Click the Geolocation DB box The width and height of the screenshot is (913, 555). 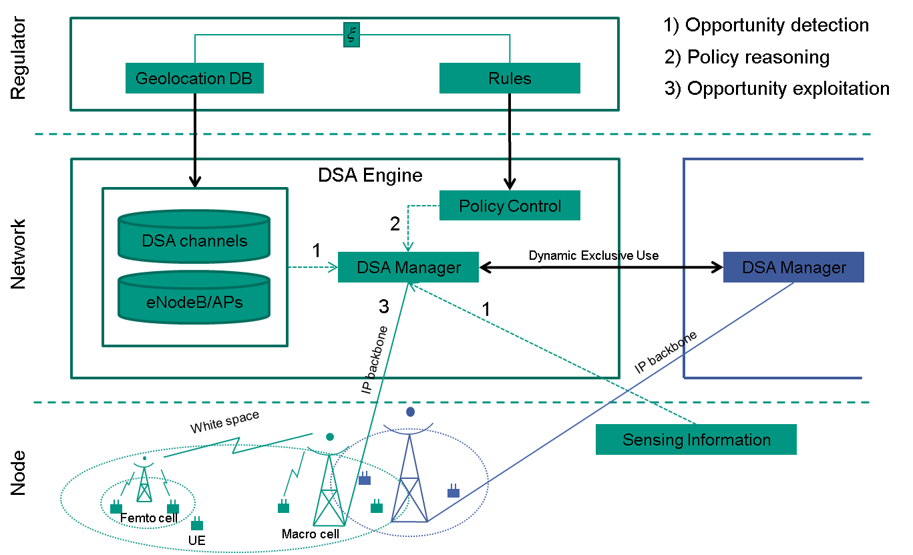[x=194, y=78]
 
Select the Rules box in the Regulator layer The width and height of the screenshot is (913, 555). [x=509, y=78]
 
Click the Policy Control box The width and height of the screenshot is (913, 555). [x=510, y=206]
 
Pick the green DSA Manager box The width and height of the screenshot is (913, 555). [x=409, y=268]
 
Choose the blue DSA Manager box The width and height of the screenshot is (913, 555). [x=793, y=268]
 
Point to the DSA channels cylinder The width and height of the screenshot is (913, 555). [x=194, y=240]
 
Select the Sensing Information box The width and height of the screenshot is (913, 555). [x=696, y=439]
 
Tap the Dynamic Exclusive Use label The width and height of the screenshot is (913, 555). [x=594, y=255]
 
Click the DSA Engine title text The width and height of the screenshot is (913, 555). [x=370, y=175]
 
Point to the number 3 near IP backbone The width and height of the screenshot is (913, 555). [x=383, y=307]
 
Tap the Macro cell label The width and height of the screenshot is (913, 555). [x=310, y=534]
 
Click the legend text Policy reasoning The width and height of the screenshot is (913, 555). [x=748, y=57]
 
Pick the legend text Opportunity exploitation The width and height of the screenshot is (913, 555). [x=777, y=88]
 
